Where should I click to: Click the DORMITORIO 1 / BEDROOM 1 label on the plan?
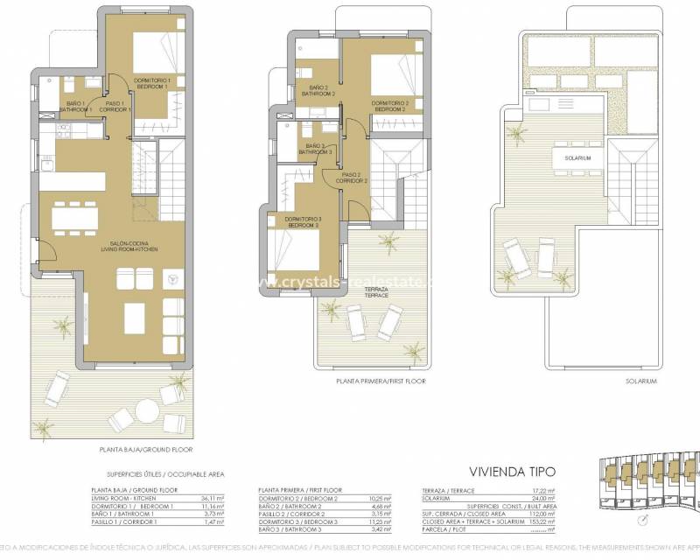coord(152,83)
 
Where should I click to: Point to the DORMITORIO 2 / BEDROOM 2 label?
coord(389,106)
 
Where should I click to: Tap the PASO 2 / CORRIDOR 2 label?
coord(352,178)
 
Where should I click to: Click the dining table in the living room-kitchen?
coord(74,216)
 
